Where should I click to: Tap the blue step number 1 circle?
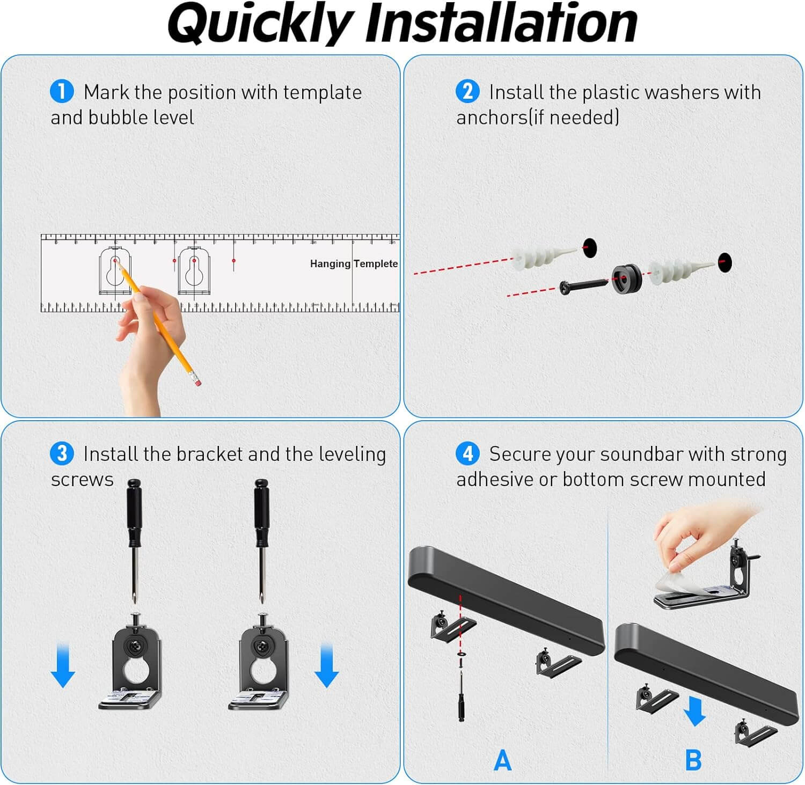62,91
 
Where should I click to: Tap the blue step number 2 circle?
467,91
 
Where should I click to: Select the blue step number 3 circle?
62,453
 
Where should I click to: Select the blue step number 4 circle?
467,453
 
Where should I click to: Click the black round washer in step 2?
627,279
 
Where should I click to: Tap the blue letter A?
502,760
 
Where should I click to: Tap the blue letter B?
693,760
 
